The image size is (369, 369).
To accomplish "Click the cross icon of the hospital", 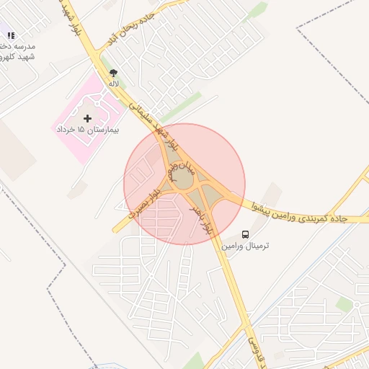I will [x=88, y=117].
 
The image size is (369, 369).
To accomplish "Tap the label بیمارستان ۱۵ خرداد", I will [x=88, y=130].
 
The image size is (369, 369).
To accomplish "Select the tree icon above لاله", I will [x=113, y=73].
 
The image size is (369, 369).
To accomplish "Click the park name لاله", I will [x=113, y=84].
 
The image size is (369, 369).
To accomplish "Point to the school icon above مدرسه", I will [x=11, y=35].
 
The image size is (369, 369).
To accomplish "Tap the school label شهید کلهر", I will [x=20, y=56].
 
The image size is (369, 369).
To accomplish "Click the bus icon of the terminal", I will [x=246, y=234].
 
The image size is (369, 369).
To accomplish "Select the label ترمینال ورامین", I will [x=246, y=246].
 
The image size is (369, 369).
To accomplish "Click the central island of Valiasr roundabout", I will [x=184, y=180].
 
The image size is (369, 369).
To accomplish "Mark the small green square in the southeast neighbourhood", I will [x=344, y=305].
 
